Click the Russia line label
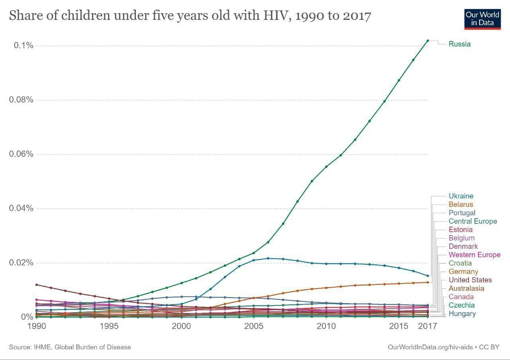459,44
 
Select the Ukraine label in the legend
461,196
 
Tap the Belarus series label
461,204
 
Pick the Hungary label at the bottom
462,314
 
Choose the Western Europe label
474,255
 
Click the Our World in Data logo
482,18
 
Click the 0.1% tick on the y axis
24,45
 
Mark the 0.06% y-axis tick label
21,154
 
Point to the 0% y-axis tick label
27,317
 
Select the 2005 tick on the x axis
254,326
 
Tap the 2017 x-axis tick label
428,326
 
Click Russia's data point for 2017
428,41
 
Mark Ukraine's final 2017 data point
428,276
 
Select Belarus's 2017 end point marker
428,282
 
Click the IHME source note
70,347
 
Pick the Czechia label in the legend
461,305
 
